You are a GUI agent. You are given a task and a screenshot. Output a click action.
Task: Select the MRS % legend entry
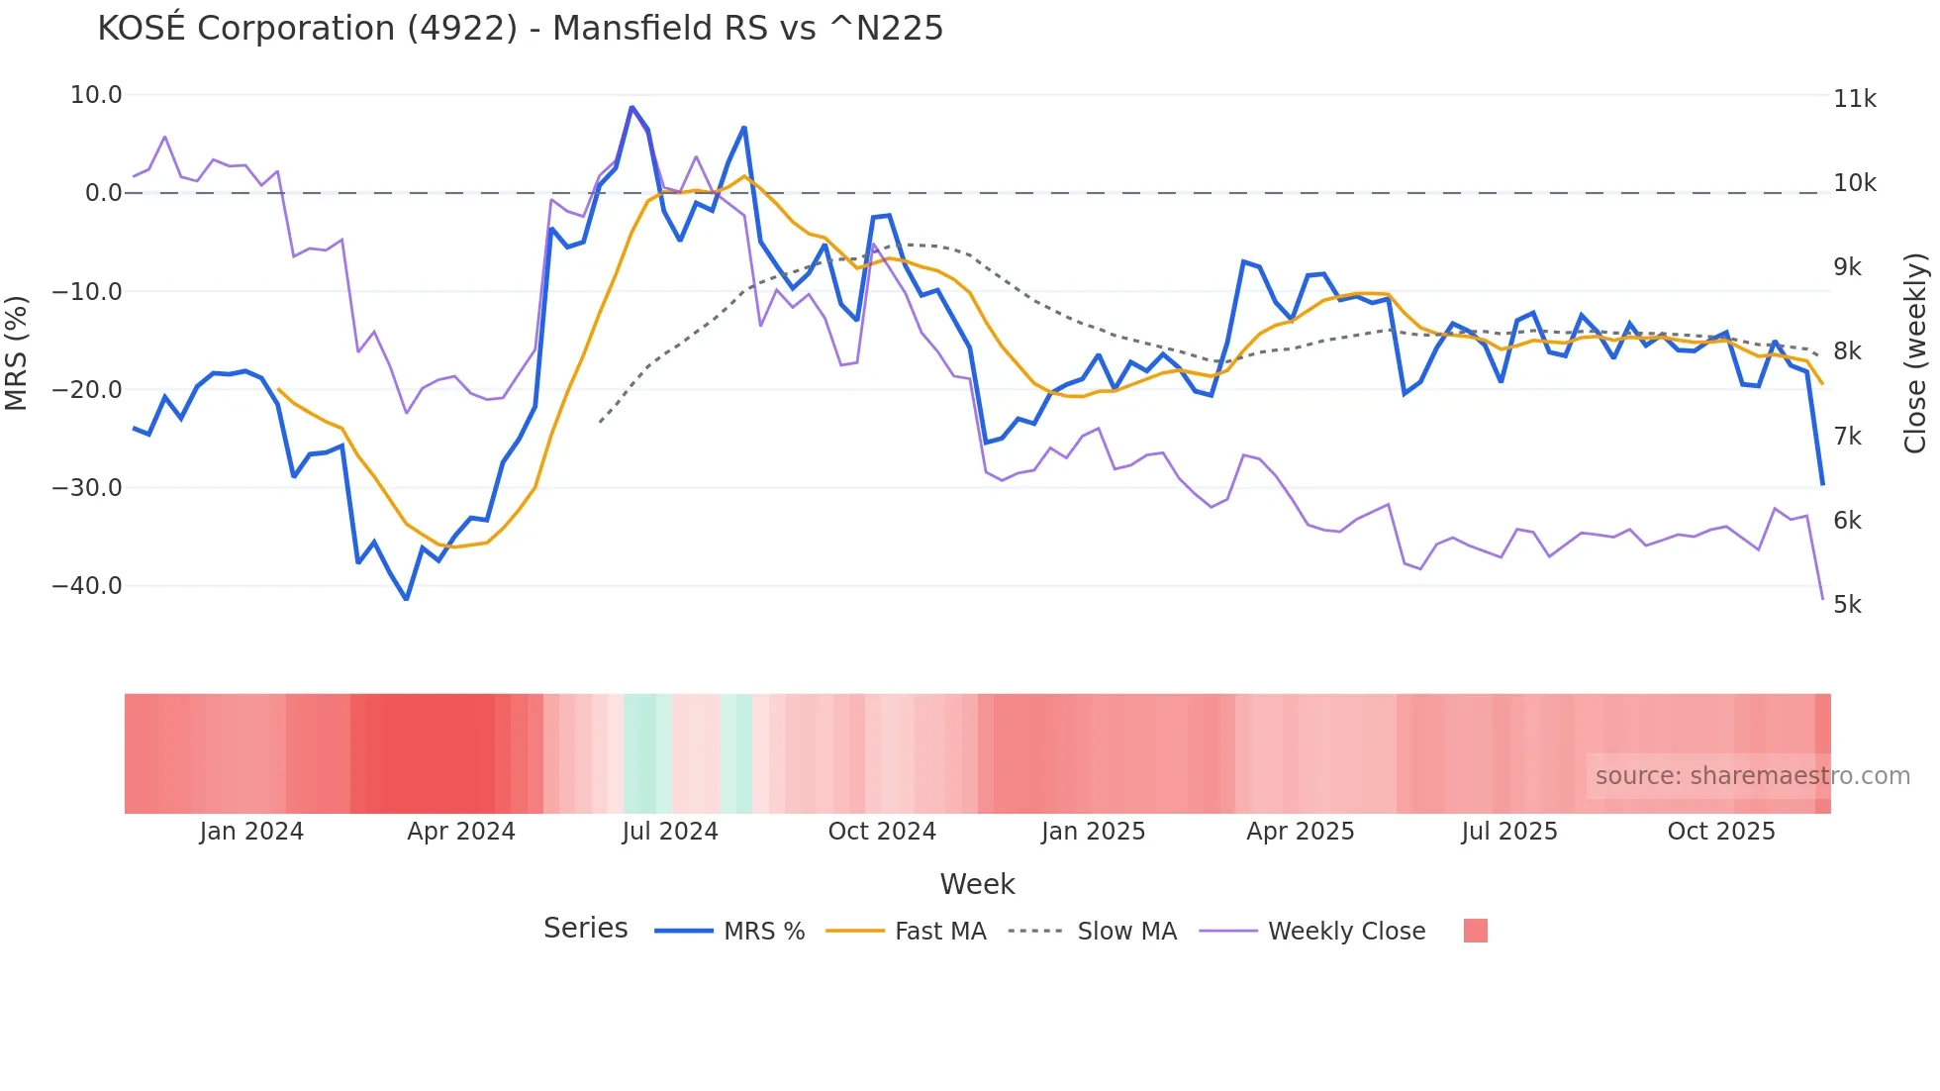tap(763, 932)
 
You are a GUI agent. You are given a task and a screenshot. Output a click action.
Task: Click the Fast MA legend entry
tap(939, 932)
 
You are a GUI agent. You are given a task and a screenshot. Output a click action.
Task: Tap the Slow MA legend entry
tap(1126, 932)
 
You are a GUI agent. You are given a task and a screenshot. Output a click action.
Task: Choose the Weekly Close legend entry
tap(1346, 932)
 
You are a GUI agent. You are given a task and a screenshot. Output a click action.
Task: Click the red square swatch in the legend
tap(1475, 931)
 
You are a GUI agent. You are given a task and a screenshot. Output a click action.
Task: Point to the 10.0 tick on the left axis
tap(96, 95)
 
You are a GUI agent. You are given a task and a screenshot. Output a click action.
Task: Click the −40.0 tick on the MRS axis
tap(87, 586)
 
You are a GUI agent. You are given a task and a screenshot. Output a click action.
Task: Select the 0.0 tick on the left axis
tap(103, 193)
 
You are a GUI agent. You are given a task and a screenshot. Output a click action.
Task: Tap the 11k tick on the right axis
tap(1854, 99)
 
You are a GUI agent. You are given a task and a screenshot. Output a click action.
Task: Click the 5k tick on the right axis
tap(1847, 605)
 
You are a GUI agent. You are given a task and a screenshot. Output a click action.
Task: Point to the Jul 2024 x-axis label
tap(670, 832)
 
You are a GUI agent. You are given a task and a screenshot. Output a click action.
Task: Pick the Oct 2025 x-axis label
tap(1721, 832)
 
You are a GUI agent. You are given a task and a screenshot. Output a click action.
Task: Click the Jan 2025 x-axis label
tap(1093, 832)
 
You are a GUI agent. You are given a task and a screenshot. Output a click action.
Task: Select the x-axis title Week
tap(977, 884)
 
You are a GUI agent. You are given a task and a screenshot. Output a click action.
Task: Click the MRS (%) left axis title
tap(17, 352)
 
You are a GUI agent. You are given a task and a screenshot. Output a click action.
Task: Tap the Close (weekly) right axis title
tap(1915, 352)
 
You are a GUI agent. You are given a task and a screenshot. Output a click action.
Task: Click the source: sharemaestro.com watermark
tap(1752, 776)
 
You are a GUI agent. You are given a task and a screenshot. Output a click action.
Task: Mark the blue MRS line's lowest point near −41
tap(406, 599)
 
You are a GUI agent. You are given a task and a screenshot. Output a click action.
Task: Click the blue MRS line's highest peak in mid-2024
tap(631, 107)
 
